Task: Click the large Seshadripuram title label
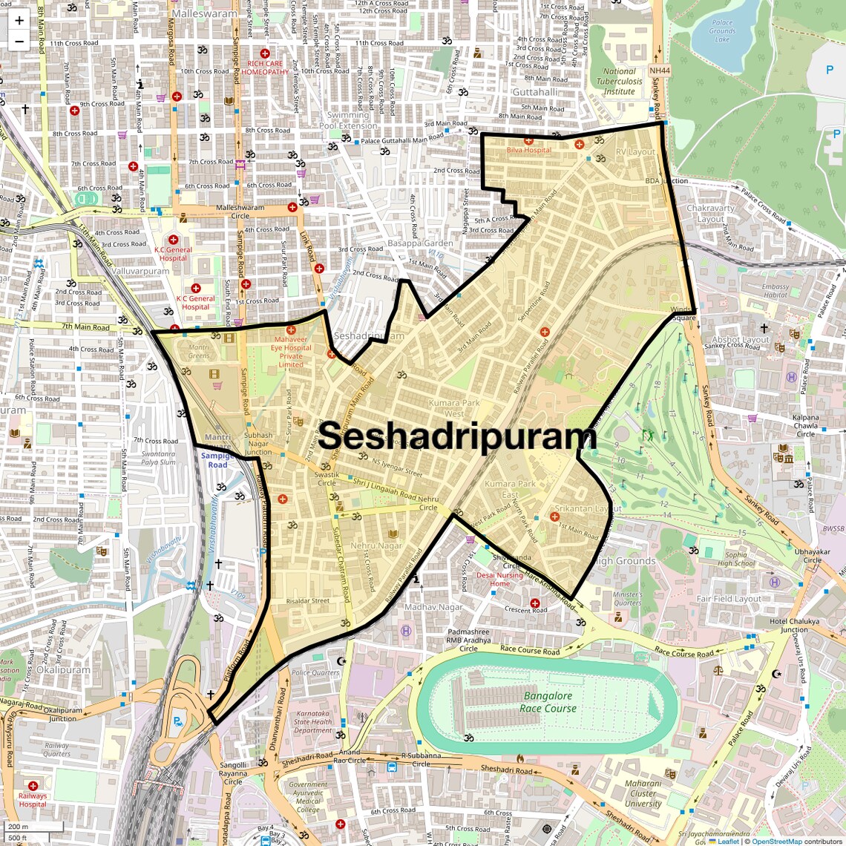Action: coord(458,436)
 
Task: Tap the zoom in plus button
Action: coord(19,21)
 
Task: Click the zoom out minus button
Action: coord(19,42)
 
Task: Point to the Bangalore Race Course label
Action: coord(548,702)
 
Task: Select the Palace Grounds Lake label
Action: coord(721,31)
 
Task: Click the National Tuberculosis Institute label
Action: coord(620,82)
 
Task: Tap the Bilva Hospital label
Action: coord(528,150)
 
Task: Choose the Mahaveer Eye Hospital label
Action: coord(291,352)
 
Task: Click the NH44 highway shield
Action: coord(659,70)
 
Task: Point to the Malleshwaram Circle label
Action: coord(240,212)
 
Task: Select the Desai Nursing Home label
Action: coord(499,579)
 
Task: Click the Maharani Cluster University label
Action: coord(643,793)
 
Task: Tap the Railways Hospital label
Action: coord(33,800)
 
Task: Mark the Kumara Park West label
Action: coord(454,408)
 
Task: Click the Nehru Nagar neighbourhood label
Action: coord(376,545)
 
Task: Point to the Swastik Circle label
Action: coord(327,479)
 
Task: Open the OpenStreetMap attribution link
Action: coord(776,842)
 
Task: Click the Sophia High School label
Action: coord(736,559)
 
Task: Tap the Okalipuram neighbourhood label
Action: coord(63,669)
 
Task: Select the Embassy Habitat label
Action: coord(775,291)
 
